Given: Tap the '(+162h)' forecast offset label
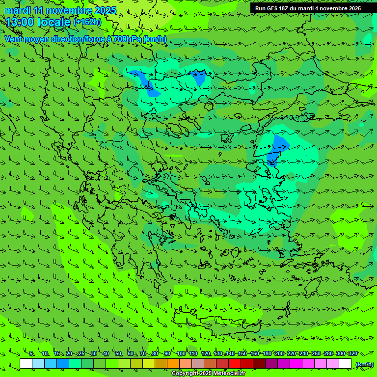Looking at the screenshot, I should (x=87, y=22).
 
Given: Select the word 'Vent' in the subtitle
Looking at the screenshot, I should (x=14, y=39).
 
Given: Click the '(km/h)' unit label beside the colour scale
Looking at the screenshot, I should (x=364, y=364).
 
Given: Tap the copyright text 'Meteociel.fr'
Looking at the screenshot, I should (x=229, y=374).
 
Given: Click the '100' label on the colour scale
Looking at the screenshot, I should (x=181, y=354).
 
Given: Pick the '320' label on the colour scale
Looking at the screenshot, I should (x=352, y=354).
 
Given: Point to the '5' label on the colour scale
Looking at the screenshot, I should (x=32, y=354).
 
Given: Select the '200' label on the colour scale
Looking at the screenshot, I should (x=279, y=354).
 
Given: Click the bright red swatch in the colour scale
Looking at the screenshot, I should (x=235, y=364).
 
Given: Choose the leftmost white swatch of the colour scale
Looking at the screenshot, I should (x=26, y=364).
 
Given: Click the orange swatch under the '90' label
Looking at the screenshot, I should (x=173, y=364).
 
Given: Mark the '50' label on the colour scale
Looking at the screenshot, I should (x=118, y=354).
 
